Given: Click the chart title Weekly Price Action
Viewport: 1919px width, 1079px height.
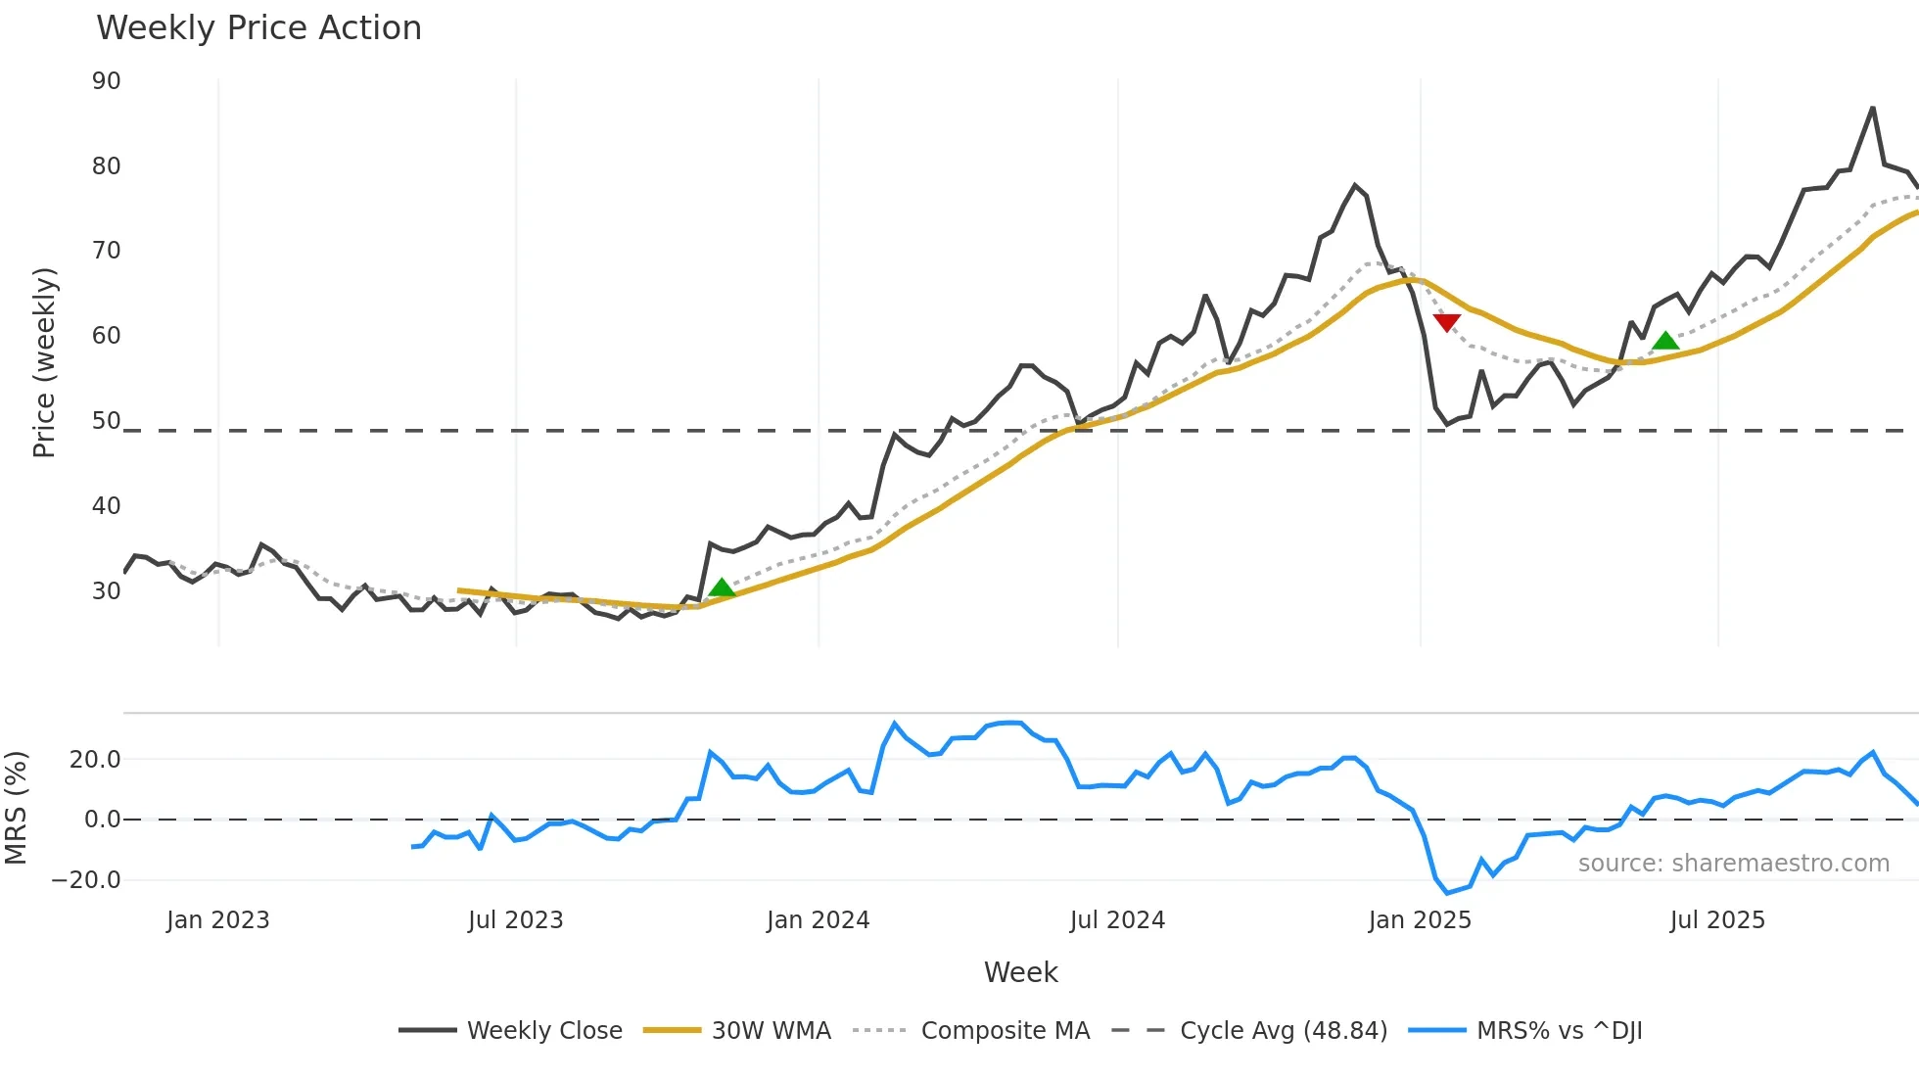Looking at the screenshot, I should (x=258, y=28).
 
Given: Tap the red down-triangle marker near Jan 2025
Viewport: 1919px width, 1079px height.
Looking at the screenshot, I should (x=1446, y=322).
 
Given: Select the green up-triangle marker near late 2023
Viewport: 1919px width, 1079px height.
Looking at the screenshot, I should (x=722, y=588).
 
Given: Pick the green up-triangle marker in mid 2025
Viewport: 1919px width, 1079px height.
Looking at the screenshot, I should (x=1665, y=341).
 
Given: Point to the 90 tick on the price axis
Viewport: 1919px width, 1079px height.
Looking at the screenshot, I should (x=106, y=81).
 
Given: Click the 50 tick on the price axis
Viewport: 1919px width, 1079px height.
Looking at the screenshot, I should (x=106, y=421).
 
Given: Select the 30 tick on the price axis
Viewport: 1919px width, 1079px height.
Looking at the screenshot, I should (x=106, y=591).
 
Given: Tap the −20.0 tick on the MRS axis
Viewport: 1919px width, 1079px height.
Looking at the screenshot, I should (x=86, y=880).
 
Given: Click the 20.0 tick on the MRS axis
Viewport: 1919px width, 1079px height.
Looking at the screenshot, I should (x=94, y=760).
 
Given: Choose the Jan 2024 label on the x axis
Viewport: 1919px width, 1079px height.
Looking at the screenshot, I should (x=818, y=920).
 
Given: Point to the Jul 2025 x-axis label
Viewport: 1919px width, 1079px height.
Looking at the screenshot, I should (x=1717, y=920).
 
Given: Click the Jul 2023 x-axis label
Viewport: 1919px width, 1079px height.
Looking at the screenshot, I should (x=515, y=920).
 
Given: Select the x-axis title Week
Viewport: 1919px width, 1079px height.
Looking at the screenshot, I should (x=1020, y=972).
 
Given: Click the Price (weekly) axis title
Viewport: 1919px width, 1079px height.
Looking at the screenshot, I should (x=44, y=362).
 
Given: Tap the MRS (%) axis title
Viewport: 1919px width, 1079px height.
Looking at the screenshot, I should (x=16, y=808).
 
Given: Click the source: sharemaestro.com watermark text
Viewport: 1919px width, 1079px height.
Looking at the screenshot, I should (x=1733, y=864).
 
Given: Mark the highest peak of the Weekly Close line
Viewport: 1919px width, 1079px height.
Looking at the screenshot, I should (x=1872, y=109).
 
